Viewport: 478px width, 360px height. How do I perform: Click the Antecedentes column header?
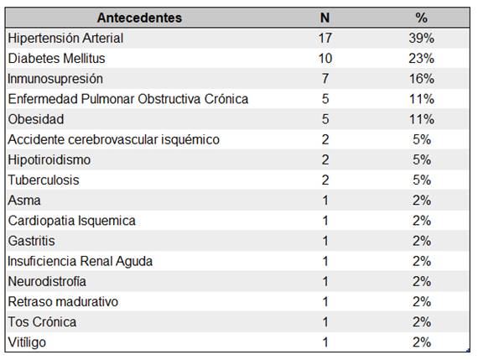(x=139, y=18)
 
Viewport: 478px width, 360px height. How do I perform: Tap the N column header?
(x=325, y=18)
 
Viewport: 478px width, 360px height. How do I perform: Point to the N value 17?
(x=325, y=38)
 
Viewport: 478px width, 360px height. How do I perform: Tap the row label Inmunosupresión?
(x=55, y=79)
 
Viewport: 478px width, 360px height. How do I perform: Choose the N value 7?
(x=325, y=79)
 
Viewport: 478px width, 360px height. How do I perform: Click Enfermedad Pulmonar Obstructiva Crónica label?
(x=127, y=99)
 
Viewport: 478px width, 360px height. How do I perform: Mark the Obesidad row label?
(x=35, y=119)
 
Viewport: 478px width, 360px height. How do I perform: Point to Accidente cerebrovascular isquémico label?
(x=113, y=139)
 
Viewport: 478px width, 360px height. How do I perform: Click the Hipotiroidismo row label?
(x=49, y=159)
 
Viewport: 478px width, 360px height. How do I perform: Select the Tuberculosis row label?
(x=44, y=180)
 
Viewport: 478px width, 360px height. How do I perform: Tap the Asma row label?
(x=23, y=201)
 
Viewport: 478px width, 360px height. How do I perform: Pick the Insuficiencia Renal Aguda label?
(x=80, y=261)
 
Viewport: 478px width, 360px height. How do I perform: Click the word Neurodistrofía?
(x=47, y=281)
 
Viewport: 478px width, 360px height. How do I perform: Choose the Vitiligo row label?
(x=28, y=342)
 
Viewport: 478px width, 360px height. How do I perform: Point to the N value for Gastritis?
(x=325, y=241)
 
